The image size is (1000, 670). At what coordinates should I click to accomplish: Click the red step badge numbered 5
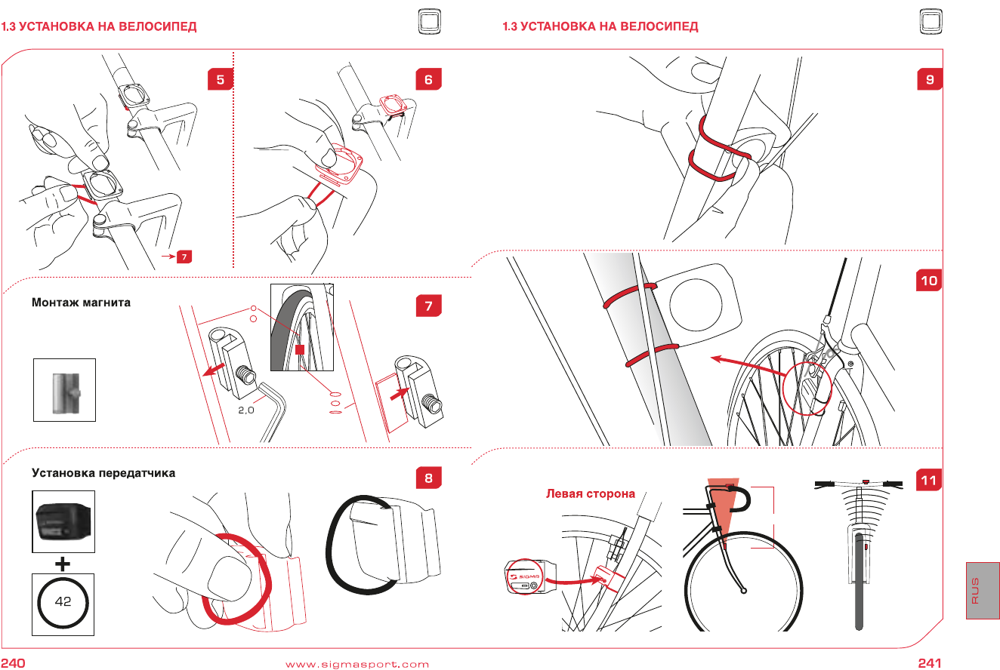tap(220, 79)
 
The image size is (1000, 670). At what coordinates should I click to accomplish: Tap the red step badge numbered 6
tap(428, 79)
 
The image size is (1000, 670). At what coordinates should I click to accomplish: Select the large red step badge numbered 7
tap(428, 306)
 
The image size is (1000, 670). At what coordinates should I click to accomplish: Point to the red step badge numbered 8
tap(428, 478)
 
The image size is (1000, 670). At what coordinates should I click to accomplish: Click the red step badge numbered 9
tap(929, 79)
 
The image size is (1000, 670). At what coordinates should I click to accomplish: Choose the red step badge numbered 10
tap(929, 281)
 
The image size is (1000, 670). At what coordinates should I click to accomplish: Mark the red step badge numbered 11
tap(929, 479)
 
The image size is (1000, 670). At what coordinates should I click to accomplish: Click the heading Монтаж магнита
tap(81, 303)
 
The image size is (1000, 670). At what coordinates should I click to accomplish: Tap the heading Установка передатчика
tap(103, 473)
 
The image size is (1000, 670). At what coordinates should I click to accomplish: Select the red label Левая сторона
tap(591, 494)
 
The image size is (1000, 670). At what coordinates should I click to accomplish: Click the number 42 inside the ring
tap(63, 604)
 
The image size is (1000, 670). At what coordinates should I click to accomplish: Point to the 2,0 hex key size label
tap(246, 411)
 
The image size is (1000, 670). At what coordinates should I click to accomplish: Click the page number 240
tap(14, 663)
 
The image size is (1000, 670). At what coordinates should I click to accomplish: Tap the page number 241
tap(929, 663)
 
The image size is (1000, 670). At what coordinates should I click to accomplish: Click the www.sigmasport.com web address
tap(356, 664)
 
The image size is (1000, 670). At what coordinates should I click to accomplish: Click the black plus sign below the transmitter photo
tap(63, 563)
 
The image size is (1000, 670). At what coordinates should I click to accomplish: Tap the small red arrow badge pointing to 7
tap(184, 257)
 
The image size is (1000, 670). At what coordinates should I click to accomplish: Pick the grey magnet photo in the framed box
tap(64, 389)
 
